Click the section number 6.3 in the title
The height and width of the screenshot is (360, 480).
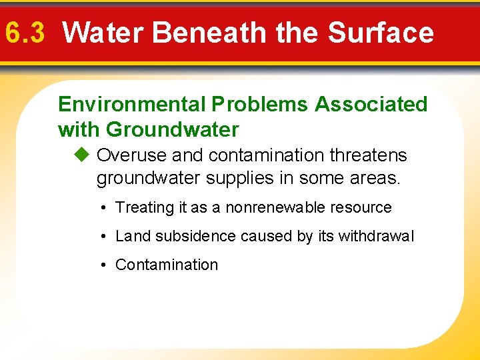[25, 32]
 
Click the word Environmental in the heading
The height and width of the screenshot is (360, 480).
[132, 105]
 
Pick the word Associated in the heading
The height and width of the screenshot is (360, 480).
[371, 105]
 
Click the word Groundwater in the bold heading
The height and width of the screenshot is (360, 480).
[172, 129]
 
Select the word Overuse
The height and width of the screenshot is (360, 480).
[132, 155]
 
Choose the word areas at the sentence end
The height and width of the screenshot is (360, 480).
[377, 179]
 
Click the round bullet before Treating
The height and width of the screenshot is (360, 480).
[105, 208]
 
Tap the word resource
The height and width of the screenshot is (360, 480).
[365, 207]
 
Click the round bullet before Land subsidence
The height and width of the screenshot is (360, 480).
[105, 237]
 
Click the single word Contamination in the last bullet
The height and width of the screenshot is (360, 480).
[167, 265]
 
